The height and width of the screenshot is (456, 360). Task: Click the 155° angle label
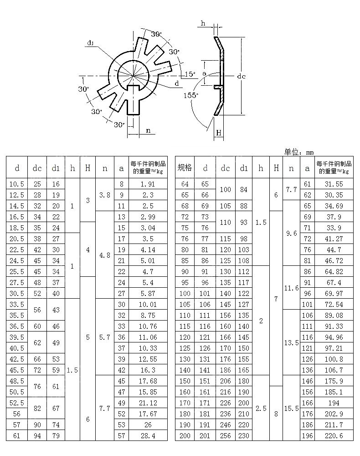[191, 95]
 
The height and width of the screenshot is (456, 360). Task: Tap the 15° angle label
[190, 74]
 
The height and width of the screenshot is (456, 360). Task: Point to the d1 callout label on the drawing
[91, 43]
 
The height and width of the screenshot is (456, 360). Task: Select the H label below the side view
[219, 133]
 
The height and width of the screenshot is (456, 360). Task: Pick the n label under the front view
[148, 131]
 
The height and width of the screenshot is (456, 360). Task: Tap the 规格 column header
[185, 168]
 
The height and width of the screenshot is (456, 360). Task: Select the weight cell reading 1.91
[148, 184]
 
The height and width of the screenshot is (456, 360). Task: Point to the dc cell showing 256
[225, 435]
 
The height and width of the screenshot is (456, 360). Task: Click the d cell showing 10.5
[17, 184]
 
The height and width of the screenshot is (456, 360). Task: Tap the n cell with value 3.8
[105, 195]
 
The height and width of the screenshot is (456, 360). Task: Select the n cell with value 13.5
[291, 342]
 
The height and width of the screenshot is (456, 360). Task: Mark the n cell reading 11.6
[291, 288]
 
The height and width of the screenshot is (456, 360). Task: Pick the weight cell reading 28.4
[148, 435]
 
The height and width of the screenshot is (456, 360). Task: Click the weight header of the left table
[148, 167]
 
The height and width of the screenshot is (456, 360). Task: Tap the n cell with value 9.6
[291, 233]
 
